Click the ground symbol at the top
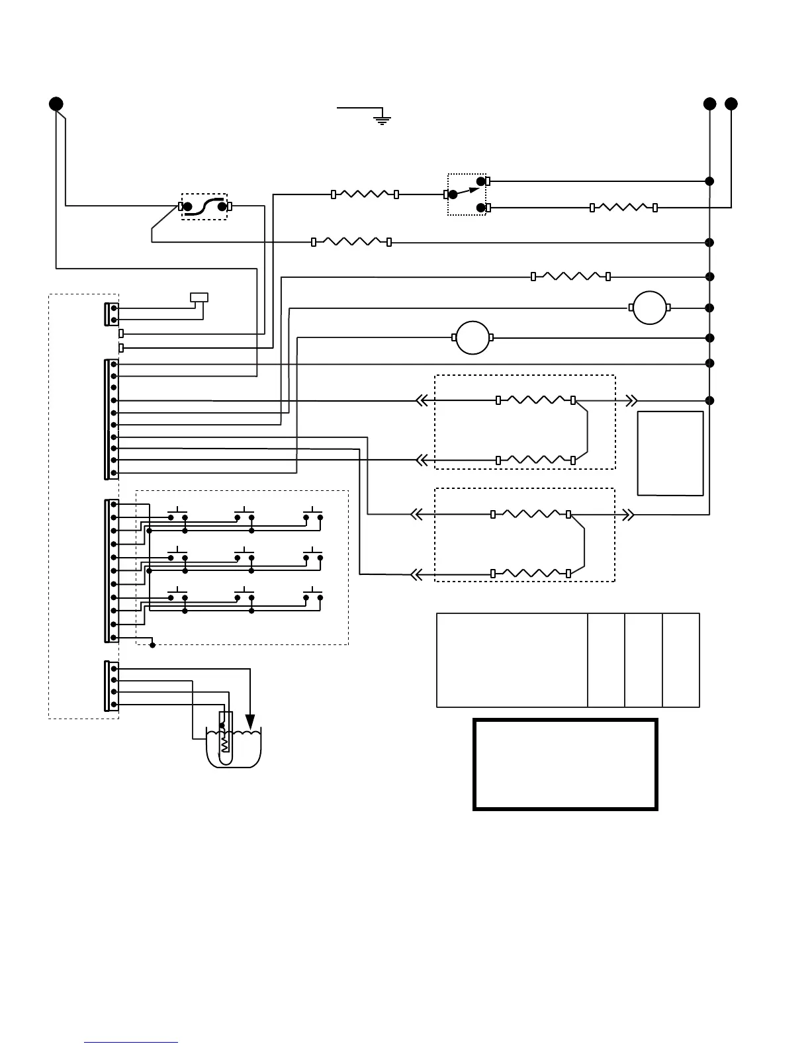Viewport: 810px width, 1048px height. coord(382,120)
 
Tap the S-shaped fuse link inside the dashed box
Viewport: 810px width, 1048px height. coord(204,206)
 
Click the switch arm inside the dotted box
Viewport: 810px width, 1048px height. coord(466,191)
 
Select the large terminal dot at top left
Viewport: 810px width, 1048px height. coord(56,104)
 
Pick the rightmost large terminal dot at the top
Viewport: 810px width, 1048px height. coord(731,104)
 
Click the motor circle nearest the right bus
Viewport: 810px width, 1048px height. coord(649,308)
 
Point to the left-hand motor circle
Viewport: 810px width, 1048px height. coord(472,337)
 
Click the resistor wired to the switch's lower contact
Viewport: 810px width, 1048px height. coord(623,208)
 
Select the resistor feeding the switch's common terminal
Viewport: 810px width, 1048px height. coord(364,195)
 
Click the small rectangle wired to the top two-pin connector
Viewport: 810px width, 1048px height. coord(199,297)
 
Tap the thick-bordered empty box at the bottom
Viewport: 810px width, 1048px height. coord(565,764)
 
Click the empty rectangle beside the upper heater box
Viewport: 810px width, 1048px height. coord(670,453)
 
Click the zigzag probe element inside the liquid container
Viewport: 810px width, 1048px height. coord(225,740)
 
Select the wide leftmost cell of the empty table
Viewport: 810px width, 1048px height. coord(512,660)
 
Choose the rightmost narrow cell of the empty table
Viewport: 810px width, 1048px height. coord(680,660)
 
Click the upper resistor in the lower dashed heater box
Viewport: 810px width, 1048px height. coord(531,514)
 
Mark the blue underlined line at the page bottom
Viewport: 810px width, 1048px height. coord(131,1042)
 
